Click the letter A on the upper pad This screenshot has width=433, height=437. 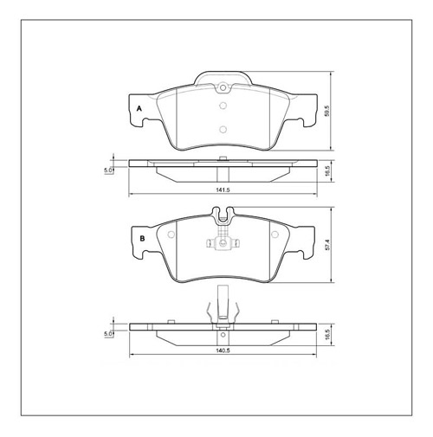pos(139,108)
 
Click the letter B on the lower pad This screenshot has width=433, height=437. pos(139,237)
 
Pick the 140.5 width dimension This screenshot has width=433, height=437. pos(222,350)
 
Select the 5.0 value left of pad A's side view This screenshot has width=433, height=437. pos(107,170)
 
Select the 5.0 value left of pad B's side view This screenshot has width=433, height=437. pos(107,332)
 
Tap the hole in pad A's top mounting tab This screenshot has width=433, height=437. pos(222,87)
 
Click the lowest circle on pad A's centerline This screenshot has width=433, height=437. pos(222,130)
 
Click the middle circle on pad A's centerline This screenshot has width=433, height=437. pos(222,107)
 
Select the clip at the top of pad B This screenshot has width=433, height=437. pos(222,215)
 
